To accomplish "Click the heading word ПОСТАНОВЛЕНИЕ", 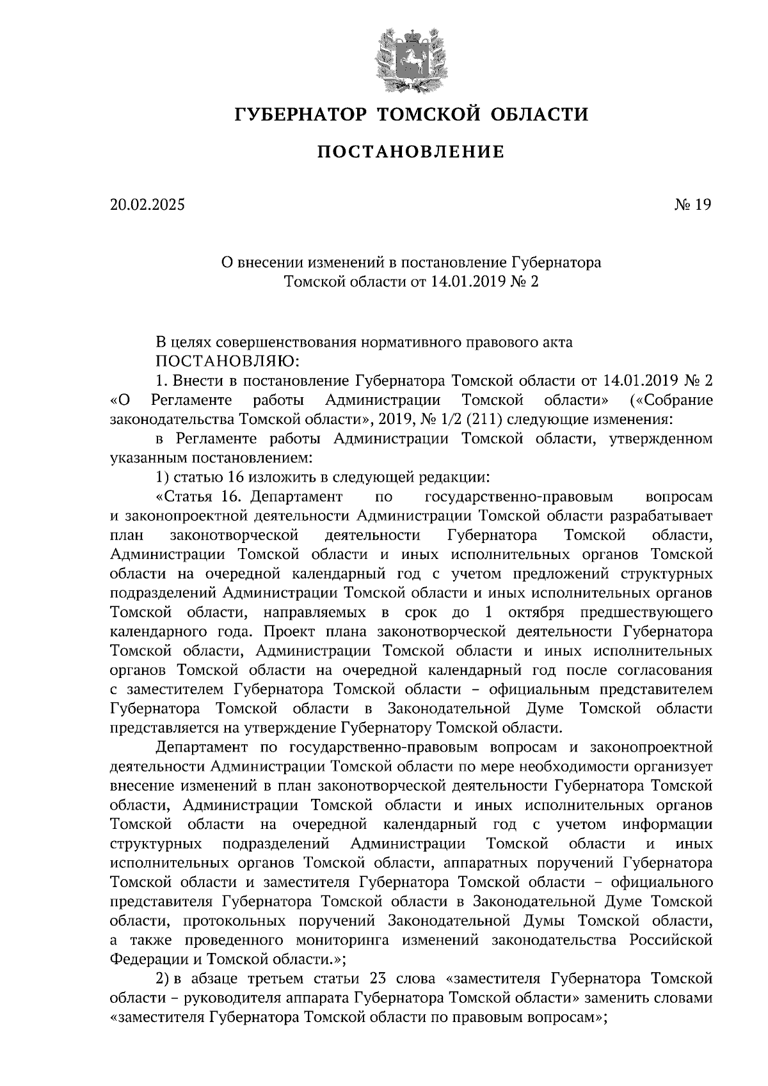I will (x=411, y=152).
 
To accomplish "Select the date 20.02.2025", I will (x=147, y=205).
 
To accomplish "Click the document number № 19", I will (x=692, y=205).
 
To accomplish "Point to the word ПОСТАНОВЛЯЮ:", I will (x=228, y=361).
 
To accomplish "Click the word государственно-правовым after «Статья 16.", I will (x=519, y=497).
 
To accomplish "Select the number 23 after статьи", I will (x=377, y=979).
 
